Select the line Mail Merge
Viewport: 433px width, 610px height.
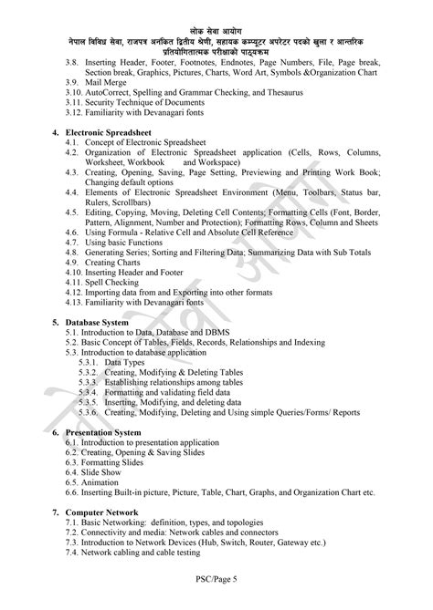(x=108, y=81)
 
